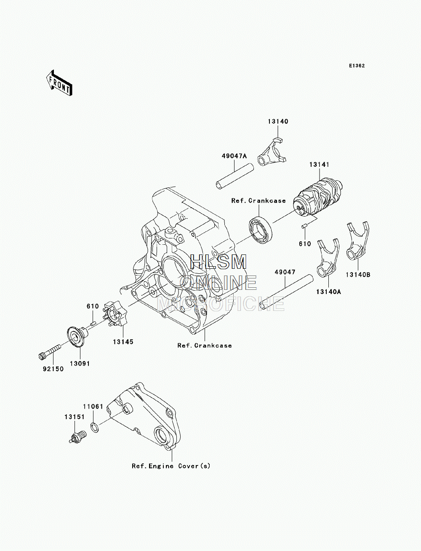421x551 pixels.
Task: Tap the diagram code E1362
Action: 357,66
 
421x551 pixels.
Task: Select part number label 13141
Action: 319,165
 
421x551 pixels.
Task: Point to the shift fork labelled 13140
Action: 272,152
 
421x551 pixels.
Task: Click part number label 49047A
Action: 234,156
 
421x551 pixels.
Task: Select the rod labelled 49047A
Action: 234,176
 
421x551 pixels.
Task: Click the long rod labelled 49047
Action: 286,292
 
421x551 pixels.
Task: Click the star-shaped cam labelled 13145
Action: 115,313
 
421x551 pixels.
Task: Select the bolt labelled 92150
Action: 50,352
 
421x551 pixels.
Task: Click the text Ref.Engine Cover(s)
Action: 171,466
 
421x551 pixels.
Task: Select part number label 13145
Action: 123,342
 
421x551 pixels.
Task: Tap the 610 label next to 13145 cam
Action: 93,306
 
